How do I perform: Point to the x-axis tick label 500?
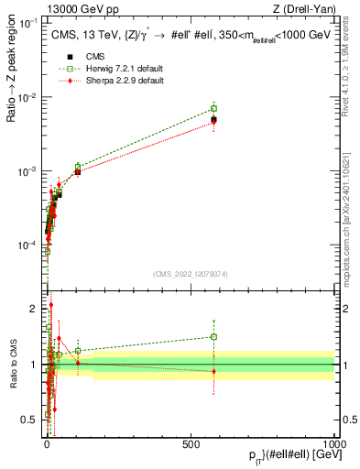[x=191, y=444]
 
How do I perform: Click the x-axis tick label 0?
[x=48, y=444]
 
